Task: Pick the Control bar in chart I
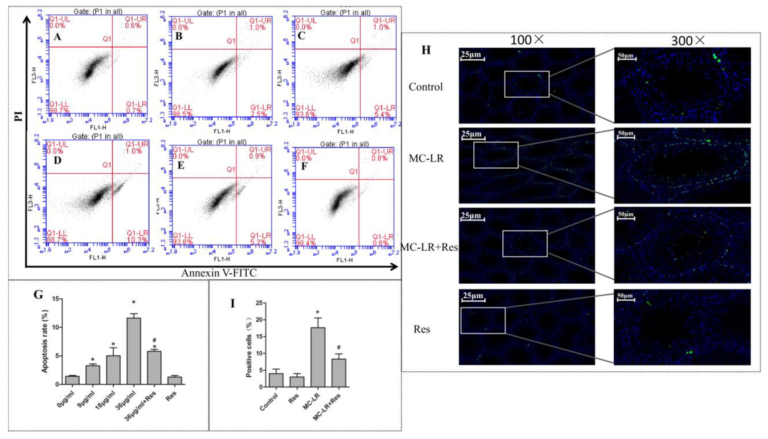point(276,380)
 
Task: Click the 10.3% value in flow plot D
point(137,240)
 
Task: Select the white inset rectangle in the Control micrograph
point(527,84)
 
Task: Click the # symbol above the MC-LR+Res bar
point(339,347)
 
